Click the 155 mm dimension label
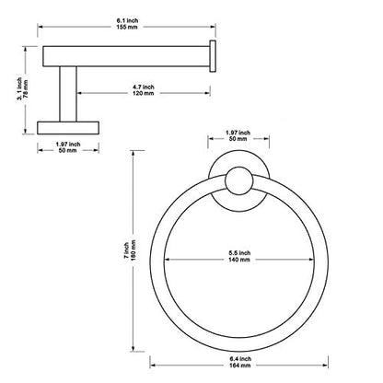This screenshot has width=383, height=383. point(127,27)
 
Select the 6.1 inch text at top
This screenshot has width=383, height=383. point(127,20)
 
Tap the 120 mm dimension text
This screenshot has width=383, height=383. point(144,93)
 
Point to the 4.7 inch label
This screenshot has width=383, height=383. point(144,87)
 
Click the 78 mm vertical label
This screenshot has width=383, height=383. point(26,88)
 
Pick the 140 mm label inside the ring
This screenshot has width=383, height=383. point(239,260)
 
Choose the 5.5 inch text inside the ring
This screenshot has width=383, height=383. point(239,253)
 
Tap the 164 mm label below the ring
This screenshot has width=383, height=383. point(240,366)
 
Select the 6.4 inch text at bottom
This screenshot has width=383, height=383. point(240,359)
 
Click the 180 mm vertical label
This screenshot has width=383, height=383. point(133,250)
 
